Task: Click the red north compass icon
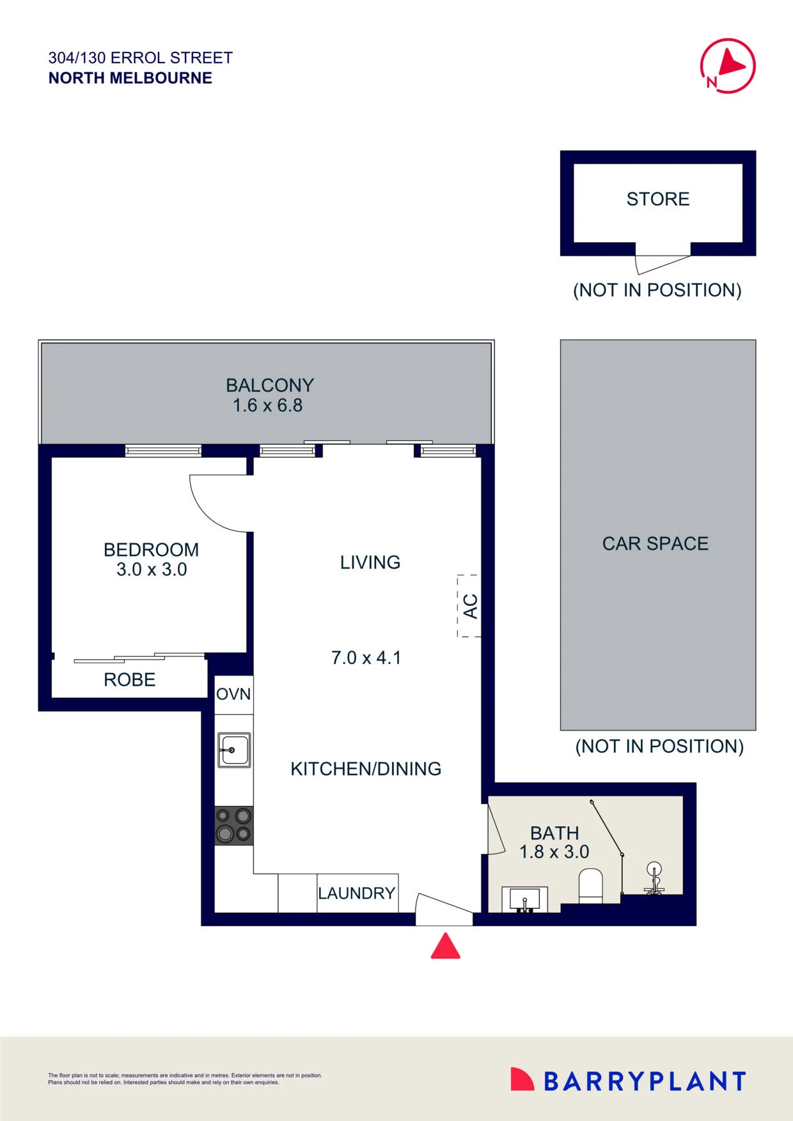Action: point(728,66)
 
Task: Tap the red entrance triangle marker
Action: point(446,946)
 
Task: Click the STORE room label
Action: point(658,199)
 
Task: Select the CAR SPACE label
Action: point(656,544)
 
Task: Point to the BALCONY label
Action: point(270,385)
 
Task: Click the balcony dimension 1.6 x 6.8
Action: point(267,405)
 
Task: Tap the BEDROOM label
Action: point(151,550)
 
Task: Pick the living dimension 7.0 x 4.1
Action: point(366,658)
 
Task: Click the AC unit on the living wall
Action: point(469,606)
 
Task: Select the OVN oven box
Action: point(233,695)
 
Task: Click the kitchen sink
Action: point(234,750)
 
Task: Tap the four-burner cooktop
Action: point(234,826)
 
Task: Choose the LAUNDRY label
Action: point(357,893)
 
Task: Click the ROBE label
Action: point(130,680)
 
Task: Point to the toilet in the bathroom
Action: point(591,885)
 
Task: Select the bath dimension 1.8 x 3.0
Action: point(554,852)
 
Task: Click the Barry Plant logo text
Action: point(645,1081)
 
